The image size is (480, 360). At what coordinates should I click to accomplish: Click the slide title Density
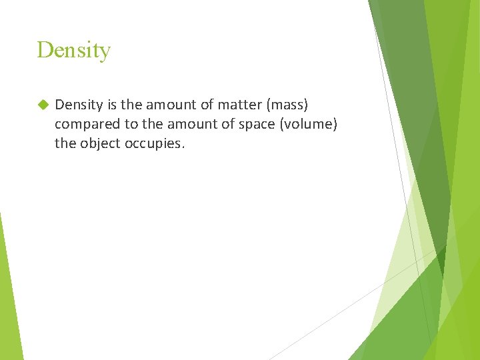73,50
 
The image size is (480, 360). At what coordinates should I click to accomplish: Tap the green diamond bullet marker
43,105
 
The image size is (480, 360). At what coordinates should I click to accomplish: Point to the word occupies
154,143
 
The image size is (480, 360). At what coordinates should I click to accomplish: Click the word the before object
65,143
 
